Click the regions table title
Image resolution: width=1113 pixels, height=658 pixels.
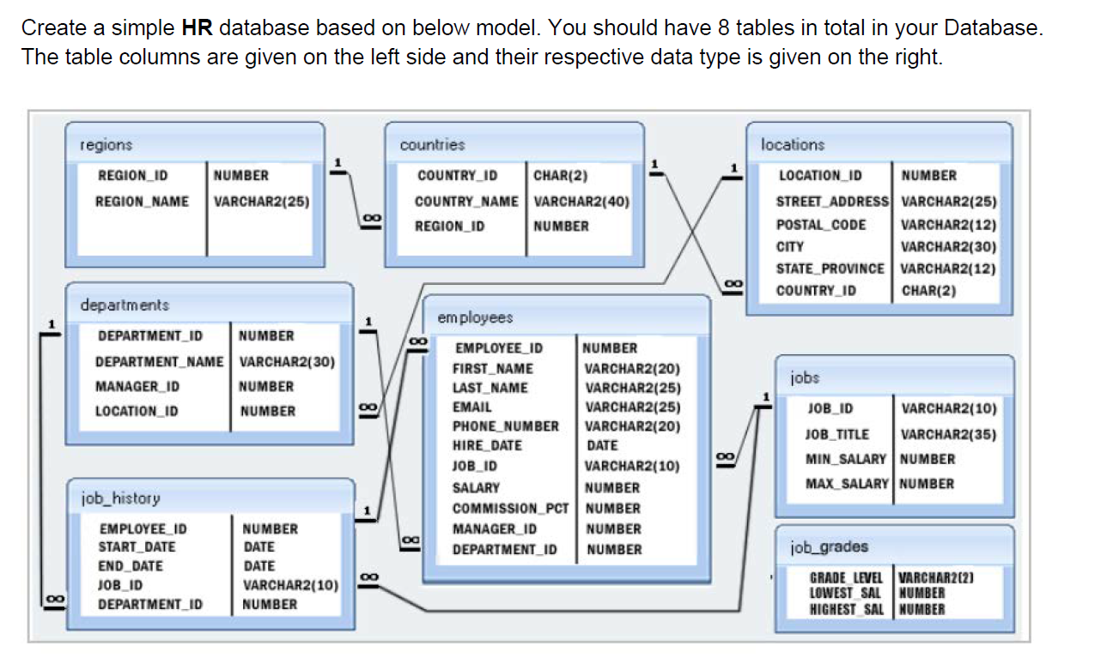click(106, 146)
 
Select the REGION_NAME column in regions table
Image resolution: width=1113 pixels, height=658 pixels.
click(143, 202)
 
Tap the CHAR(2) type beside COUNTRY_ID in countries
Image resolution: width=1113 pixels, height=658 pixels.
click(560, 176)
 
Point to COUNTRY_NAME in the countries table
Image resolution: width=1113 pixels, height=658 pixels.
click(466, 202)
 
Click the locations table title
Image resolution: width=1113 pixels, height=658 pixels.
click(792, 145)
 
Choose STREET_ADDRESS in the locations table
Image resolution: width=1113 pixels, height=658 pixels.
click(832, 202)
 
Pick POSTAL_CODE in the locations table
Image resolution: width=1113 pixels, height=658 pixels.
click(821, 225)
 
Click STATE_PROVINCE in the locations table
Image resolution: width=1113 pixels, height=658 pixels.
click(830, 269)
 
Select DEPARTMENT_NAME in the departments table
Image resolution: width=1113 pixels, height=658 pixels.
click(159, 361)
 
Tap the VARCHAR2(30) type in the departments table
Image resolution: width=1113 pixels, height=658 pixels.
click(286, 361)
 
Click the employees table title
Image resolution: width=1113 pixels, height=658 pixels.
click(475, 318)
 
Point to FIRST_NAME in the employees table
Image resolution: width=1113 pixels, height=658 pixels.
click(493, 369)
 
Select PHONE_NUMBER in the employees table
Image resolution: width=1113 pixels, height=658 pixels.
click(506, 426)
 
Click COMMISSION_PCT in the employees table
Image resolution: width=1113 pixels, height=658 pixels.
click(511, 508)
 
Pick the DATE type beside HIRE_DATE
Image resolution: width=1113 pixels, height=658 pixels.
click(602, 445)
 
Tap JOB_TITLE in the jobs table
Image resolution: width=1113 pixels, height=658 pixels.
click(836, 434)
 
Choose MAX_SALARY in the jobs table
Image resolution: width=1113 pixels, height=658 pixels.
click(847, 484)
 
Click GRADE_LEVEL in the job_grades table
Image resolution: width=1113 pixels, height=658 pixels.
click(847, 577)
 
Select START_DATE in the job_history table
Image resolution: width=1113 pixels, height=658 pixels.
click(137, 547)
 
